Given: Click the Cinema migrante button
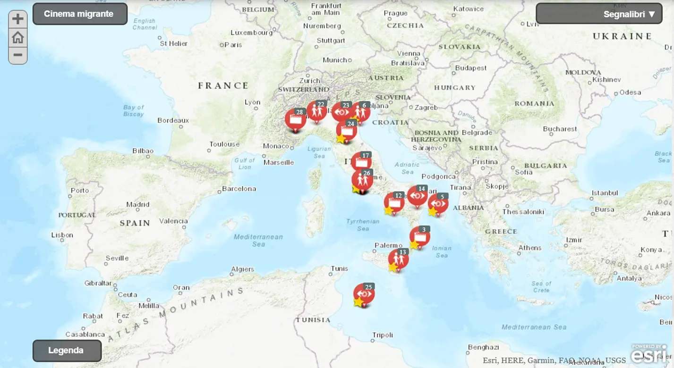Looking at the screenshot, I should pyautogui.click(x=79, y=14).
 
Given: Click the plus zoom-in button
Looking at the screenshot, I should pyautogui.click(x=18, y=19).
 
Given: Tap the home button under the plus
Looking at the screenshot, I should pyautogui.click(x=18, y=37).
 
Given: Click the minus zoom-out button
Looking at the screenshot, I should pyautogui.click(x=18, y=55).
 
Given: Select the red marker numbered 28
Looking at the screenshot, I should pyautogui.click(x=295, y=120).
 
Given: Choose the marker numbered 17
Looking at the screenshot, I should pyautogui.click(x=361, y=162).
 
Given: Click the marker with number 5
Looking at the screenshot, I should pyautogui.click(x=438, y=204).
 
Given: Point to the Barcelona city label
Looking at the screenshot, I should pyautogui.click(x=239, y=189).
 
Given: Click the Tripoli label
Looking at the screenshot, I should pyautogui.click(x=383, y=335).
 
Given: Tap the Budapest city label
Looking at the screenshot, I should pyautogui.click(x=471, y=68).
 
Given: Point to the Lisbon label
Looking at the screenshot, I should pyautogui.click(x=62, y=235).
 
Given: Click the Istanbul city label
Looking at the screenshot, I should pyautogui.click(x=605, y=193).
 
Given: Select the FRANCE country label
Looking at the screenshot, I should pyautogui.click(x=223, y=85).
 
